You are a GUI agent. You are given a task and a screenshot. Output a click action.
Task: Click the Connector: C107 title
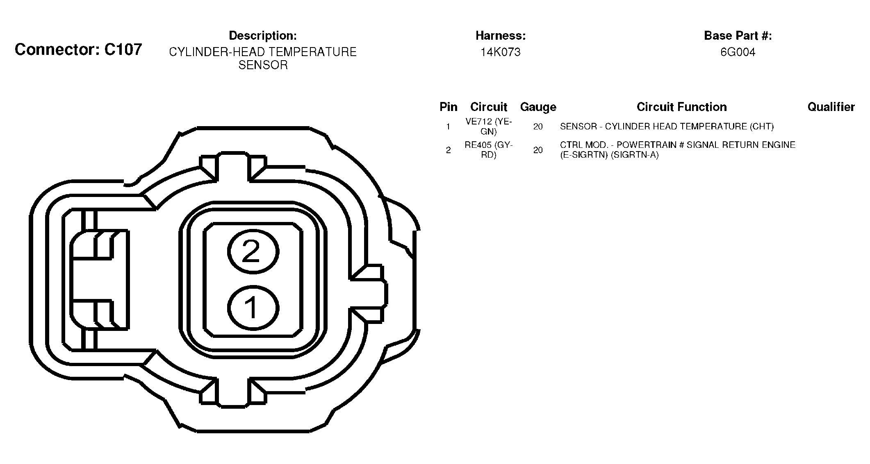point(78,50)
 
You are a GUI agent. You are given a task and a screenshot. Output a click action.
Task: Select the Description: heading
point(263,36)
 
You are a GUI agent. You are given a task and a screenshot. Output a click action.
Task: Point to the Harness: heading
point(501,36)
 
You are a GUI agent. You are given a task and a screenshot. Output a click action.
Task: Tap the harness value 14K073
point(501,52)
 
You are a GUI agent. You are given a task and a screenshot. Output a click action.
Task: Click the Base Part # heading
point(738,36)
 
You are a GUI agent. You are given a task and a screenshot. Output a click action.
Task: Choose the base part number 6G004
point(738,52)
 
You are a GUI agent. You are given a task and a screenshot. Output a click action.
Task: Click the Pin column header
point(448,107)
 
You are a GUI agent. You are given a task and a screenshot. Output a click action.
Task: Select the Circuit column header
point(489,107)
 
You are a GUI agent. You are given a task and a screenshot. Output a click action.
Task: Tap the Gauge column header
point(538,107)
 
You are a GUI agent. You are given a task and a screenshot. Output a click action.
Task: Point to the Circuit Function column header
point(682,107)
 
